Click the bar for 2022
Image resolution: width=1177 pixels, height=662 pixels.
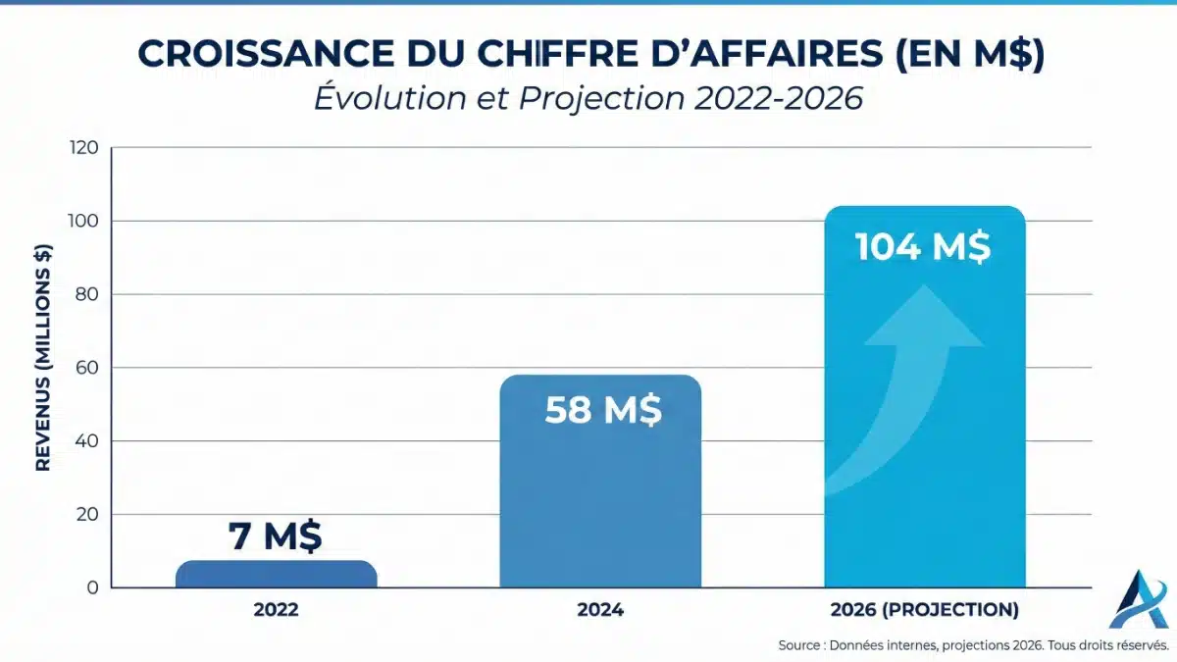click(276, 575)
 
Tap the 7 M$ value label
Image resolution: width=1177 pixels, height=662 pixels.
click(276, 536)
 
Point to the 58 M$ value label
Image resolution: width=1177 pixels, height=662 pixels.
click(602, 409)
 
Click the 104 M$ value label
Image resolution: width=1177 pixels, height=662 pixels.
click(923, 246)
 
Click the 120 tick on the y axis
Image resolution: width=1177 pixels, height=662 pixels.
click(83, 148)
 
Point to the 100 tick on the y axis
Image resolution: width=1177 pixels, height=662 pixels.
click(83, 222)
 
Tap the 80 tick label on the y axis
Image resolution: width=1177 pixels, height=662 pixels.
click(86, 295)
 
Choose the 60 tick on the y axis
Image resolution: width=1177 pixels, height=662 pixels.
click(86, 369)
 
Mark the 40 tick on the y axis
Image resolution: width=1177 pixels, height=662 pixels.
click(86, 441)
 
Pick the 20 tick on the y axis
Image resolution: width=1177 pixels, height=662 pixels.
click(86, 515)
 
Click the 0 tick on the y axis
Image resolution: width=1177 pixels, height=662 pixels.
click(91, 588)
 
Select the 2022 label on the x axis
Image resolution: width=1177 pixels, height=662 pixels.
click(276, 610)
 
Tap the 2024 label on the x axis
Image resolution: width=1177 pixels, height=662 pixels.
click(600, 610)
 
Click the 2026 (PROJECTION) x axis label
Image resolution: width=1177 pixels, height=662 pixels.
click(924, 610)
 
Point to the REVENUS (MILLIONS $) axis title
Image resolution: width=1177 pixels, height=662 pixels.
click(43, 359)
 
